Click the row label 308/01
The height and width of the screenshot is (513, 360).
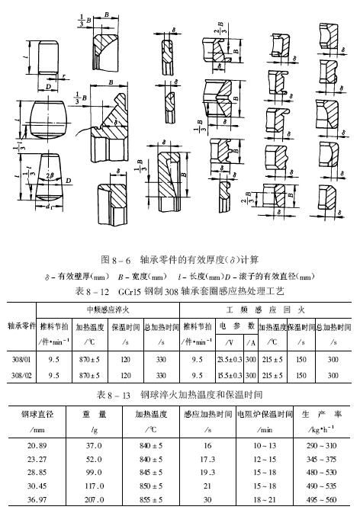[x=20, y=359]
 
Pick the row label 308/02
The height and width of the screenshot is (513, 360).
[x=20, y=375]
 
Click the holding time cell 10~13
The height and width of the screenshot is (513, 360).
[x=265, y=444]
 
